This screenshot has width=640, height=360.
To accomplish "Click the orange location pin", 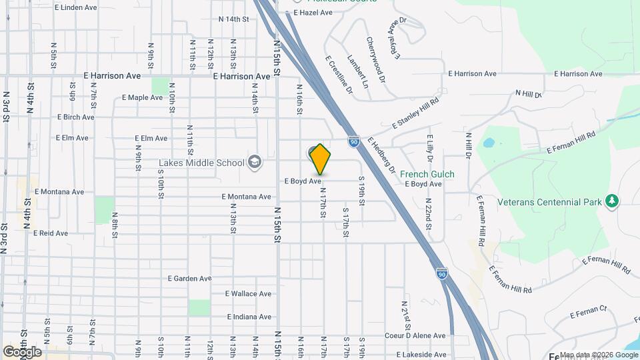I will coord(320,159).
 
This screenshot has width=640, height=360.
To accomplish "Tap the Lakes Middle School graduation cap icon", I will coord(254,161).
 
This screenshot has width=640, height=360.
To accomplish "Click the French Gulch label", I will coord(427,174).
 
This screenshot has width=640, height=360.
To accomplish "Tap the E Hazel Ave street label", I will coord(313,13).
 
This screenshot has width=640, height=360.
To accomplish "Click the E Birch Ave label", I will coord(75,117).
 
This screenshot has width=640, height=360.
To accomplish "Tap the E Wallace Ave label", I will coord(248,293).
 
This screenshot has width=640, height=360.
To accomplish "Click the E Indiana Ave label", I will coord(249,317).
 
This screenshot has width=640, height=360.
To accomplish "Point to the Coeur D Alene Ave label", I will coord(419,335).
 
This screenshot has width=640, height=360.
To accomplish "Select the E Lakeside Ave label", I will coord(420,355).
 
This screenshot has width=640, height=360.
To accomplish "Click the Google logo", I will coord(22,351).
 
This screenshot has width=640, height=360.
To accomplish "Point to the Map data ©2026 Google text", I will coord(597,355).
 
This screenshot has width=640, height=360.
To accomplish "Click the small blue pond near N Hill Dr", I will coord(489,143).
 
